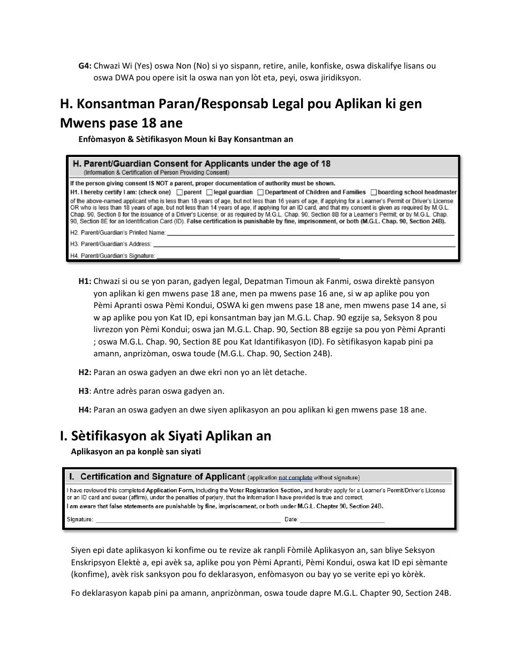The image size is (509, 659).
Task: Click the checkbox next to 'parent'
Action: point(180,192)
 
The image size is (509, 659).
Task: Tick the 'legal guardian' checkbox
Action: point(209,192)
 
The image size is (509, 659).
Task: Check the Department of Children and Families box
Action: point(260,192)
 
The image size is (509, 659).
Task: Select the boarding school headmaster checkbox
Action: point(373,192)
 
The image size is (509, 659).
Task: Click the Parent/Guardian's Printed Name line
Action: point(311,234)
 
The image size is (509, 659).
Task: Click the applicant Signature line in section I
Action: point(188,520)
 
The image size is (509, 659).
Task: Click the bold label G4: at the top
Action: point(85,66)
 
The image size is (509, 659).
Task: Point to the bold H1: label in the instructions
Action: point(85,281)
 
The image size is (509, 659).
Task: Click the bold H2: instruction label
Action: point(85,372)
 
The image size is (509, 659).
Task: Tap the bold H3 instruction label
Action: point(84,391)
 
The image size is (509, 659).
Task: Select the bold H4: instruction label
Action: point(85,410)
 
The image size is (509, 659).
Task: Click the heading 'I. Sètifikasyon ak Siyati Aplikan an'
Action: point(166,436)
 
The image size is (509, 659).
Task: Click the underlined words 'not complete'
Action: point(295,477)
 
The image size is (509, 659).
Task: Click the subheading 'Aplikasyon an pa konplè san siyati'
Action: point(136,452)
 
